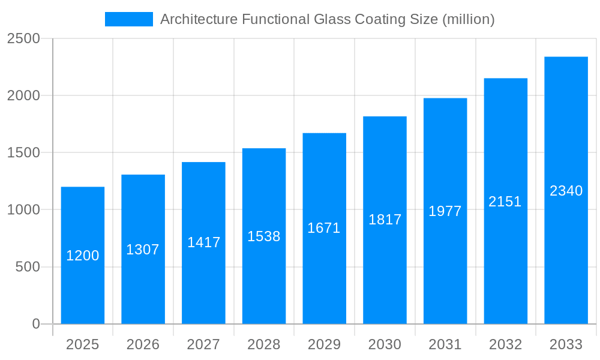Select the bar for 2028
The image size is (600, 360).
(x=264, y=276)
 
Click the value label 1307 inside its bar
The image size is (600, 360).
(x=143, y=250)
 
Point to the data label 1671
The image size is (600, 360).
(x=324, y=228)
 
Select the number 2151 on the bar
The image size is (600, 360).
(x=505, y=202)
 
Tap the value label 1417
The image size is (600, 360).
(x=204, y=242)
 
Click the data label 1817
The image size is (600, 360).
(x=385, y=220)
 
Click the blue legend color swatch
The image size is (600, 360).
(x=129, y=19)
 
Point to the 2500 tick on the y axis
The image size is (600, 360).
(x=23, y=38)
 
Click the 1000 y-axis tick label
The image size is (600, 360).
(x=23, y=210)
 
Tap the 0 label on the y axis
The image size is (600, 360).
(x=35, y=324)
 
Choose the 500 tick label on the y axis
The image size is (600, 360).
(x=27, y=267)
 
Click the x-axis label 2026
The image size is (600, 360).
(x=143, y=344)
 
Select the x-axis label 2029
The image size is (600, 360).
(x=324, y=344)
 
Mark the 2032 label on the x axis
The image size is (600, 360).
(x=505, y=344)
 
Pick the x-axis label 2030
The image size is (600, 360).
(x=385, y=344)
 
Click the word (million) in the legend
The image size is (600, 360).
(x=468, y=19)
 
